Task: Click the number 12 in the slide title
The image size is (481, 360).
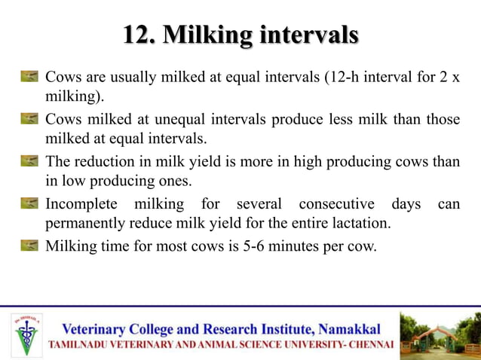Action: tap(136, 35)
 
